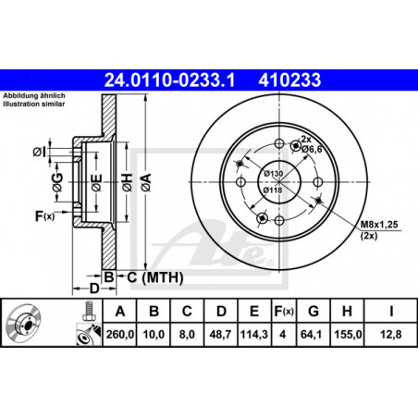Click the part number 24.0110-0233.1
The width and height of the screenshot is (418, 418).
(x=169, y=80)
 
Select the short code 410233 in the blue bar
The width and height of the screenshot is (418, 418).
(x=289, y=80)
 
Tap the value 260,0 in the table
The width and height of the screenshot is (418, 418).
(x=120, y=334)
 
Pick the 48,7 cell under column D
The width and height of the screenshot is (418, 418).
(x=220, y=334)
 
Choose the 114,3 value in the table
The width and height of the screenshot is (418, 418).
(x=254, y=334)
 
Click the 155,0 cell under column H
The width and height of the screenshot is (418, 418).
(x=348, y=334)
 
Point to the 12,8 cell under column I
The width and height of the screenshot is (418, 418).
(x=391, y=334)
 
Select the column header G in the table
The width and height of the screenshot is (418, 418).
(x=313, y=312)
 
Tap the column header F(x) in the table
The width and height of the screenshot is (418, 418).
(x=284, y=312)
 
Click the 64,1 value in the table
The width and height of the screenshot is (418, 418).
(x=311, y=334)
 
